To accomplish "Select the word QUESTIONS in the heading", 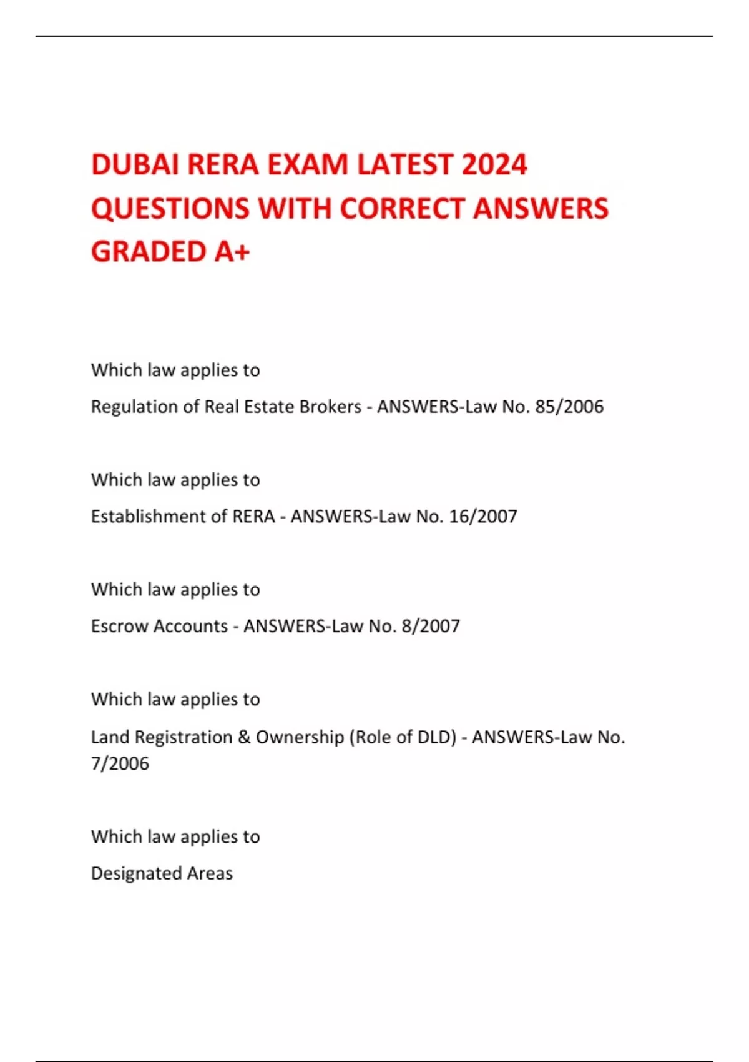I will (170, 209).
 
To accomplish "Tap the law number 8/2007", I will (431, 626).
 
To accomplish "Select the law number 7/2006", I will (120, 763).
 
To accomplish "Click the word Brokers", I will (330, 407).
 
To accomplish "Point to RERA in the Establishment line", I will (253, 517).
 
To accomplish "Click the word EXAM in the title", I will (307, 165).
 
